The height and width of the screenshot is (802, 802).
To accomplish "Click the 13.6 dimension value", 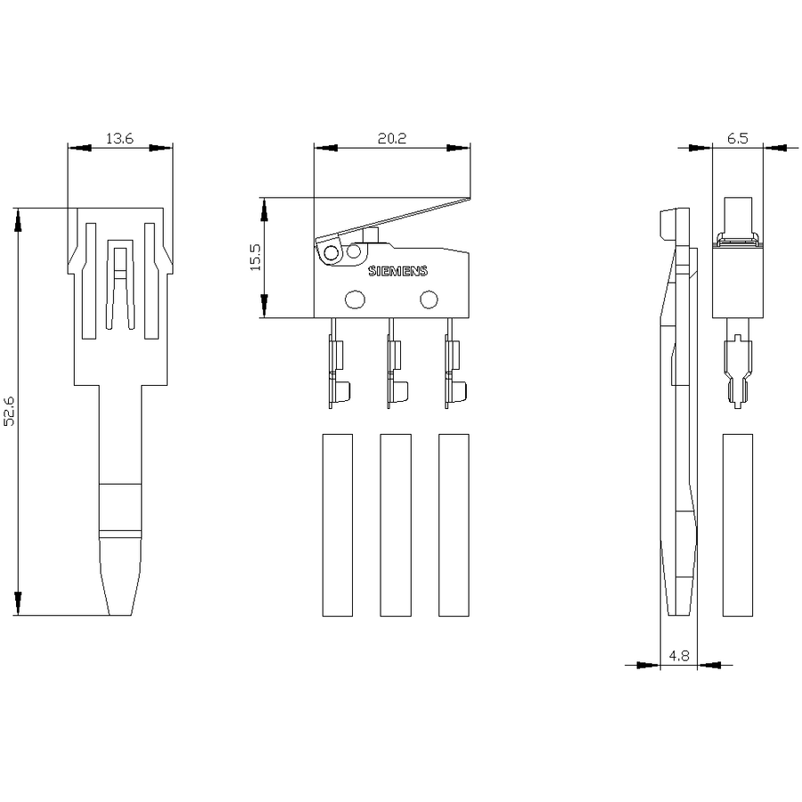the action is click(x=119, y=138).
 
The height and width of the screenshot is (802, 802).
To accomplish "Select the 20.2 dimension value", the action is click(x=392, y=138).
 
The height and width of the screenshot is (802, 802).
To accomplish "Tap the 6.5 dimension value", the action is click(x=737, y=138).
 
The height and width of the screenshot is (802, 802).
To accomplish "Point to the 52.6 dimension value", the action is click(x=10, y=411).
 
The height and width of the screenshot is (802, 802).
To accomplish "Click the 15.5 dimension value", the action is click(x=255, y=257).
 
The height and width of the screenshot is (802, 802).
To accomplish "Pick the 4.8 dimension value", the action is click(x=679, y=655).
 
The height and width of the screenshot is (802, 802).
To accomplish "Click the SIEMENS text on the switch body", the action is click(x=398, y=271).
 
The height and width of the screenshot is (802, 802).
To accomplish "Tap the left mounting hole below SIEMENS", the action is click(x=355, y=299).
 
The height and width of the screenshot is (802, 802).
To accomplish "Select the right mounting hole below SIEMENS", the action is click(x=429, y=299).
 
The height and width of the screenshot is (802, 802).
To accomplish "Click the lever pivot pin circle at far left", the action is click(x=331, y=253).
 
